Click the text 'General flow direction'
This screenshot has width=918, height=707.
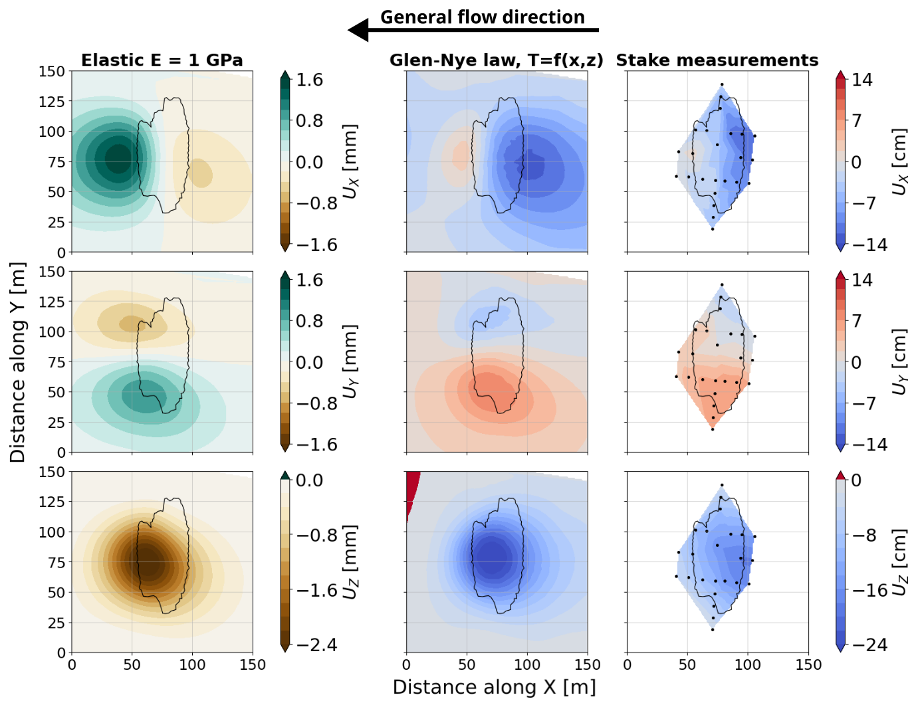[482, 17]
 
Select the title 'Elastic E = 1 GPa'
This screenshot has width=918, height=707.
[162, 60]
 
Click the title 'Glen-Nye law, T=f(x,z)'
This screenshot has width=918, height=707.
[496, 60]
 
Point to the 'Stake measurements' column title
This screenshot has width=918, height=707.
[717, 60]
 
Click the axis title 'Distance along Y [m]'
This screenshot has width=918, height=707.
[17, 362]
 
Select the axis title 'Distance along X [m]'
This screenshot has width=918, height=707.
[494, 687]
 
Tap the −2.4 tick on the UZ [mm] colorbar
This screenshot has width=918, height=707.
[316, 645]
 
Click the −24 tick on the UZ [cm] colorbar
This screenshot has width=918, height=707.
[869, 645]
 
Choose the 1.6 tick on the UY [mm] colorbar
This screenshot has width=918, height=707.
[309, 280]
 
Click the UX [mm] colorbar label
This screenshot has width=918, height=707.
[350, 161]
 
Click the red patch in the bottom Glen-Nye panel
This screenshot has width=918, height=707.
[412, 492]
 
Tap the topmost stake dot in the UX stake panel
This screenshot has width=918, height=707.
[722, 85]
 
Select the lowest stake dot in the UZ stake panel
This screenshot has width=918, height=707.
[713, 629]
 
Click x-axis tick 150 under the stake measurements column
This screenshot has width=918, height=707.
[808, 664]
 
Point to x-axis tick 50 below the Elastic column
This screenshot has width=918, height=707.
[132, 664]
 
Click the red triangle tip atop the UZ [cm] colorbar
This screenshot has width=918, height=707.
[840, 474]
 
